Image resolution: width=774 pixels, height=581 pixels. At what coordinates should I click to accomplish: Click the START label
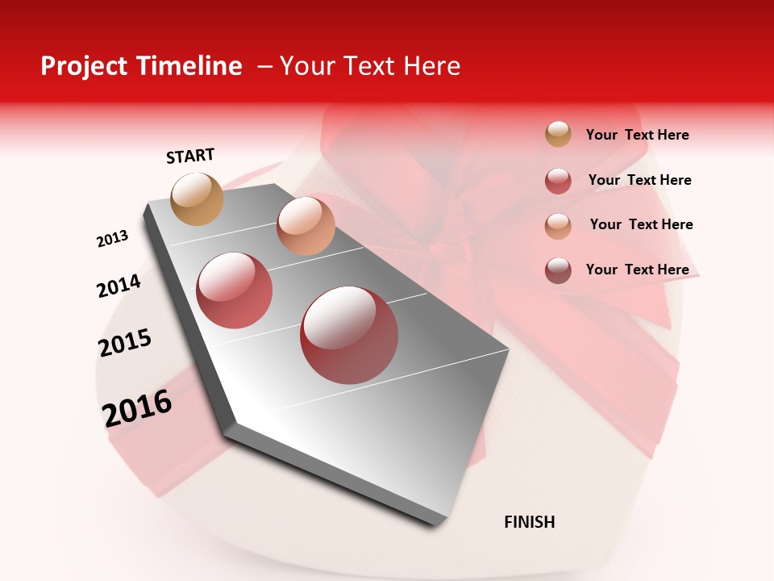coord(190,156)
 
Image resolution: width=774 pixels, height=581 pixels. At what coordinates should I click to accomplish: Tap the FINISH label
coord(530,522)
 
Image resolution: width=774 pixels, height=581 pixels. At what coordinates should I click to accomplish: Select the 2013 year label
coord(112,239)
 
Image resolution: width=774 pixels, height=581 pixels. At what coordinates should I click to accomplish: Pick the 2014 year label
coord(119,286)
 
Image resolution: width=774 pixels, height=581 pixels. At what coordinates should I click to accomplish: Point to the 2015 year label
coord(125,343)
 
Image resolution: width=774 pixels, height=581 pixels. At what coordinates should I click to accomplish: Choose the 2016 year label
coord(137,408)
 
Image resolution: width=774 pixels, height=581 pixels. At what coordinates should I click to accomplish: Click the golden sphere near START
coord(198,199)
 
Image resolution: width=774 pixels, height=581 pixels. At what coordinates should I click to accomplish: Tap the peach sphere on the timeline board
coord(306,225)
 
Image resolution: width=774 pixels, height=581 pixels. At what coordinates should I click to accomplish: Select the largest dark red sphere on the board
coord(349,335)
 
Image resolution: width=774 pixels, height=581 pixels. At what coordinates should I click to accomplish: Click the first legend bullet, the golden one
coord(558,134)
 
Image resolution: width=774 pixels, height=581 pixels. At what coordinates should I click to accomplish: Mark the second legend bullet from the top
coord(558,181)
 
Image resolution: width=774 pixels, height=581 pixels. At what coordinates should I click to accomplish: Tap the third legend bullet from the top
coord(558,225)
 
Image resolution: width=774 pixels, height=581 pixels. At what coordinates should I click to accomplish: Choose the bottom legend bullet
coord(558,270)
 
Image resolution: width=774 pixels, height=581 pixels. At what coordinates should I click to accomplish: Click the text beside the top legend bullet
coord(637,135)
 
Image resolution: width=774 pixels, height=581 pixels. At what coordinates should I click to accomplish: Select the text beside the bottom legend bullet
coord(637,270)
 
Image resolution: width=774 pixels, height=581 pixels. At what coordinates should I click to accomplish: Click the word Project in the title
coord(85,66)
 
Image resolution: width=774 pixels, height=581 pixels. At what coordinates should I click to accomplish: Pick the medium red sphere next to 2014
coord(235,290)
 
